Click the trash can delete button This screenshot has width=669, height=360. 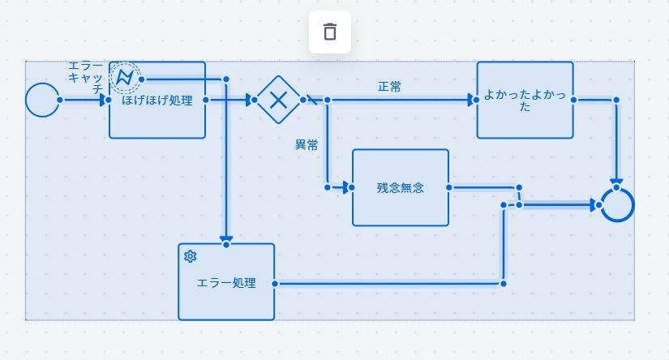(329, 32)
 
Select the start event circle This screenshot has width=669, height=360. (41, 100)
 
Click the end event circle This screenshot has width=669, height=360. (617, 205)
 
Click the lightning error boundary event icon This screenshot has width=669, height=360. (125, 77)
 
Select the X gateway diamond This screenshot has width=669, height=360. (278, 100)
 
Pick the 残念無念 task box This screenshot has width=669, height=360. (400, 187)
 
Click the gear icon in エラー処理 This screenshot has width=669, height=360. (191, 256)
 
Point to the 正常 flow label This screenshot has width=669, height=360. (389, 87)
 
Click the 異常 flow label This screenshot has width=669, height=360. (307, 145)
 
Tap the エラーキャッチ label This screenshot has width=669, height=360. (86, 78)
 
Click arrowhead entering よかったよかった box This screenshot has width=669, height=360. (471, 100)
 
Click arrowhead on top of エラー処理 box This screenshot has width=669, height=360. (226, 238)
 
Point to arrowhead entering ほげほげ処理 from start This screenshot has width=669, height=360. (105, 100)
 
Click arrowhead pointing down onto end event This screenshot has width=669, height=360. (616, 183)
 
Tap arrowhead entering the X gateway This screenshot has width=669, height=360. (248, 100)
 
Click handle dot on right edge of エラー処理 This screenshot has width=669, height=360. (276, 284)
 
